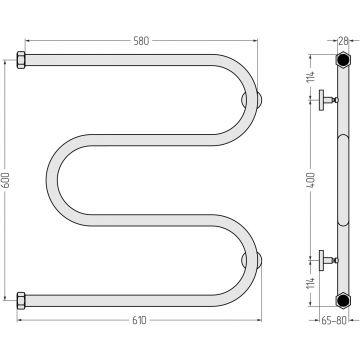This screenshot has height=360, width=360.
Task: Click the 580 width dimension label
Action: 141,41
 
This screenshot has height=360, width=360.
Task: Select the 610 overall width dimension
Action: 139,320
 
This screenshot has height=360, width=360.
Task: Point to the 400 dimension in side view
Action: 311,180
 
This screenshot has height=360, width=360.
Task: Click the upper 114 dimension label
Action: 311,77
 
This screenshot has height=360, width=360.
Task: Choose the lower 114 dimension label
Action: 311,283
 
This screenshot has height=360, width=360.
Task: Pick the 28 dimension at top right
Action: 343,41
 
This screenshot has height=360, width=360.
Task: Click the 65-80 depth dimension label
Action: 334,320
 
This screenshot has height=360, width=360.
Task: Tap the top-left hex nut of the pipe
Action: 21,60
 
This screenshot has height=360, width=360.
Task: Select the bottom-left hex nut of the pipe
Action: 21,301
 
